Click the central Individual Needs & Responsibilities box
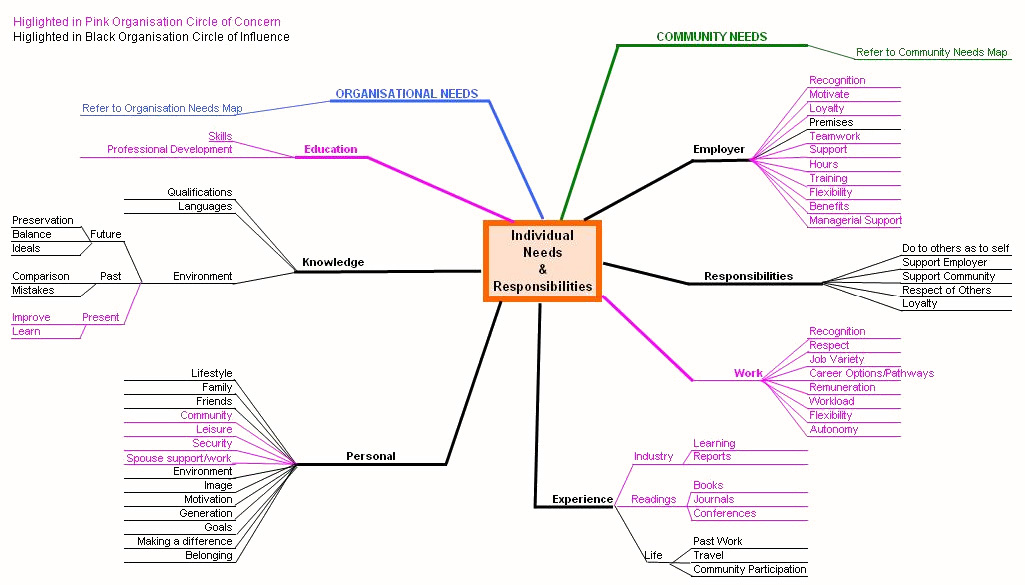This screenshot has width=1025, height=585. click(x=542, y=261)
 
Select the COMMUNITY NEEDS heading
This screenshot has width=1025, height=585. click(x=711, y=37)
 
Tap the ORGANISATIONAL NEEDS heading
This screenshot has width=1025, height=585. click(x=406, y=94)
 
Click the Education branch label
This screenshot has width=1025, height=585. click(x=330, y=150)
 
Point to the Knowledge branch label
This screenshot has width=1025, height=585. click(x=333, y=263)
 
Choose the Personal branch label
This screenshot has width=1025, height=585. click(x=370, y=457)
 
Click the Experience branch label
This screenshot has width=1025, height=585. click(x=582, y=499)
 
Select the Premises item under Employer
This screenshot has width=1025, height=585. click(x=831, y=122)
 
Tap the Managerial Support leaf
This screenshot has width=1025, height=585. click(x=855, y=220)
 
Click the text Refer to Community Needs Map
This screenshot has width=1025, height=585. click(x=931, y=53)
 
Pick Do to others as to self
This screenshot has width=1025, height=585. click(x=955, y=248)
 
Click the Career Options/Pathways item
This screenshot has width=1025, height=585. click(x=871, y=373)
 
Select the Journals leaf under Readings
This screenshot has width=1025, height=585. click(x=713, y=499)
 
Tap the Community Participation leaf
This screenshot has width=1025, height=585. click(x=749, y=569)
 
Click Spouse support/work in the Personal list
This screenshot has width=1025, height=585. click(x=179, y=458)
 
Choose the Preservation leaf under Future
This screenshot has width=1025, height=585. click(x=43, y=220)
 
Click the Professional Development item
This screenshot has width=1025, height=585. click(x=169, y=150)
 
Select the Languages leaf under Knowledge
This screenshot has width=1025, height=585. click(x=205, y=206)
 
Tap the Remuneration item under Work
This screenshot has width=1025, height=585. click(x=842, y=387)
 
